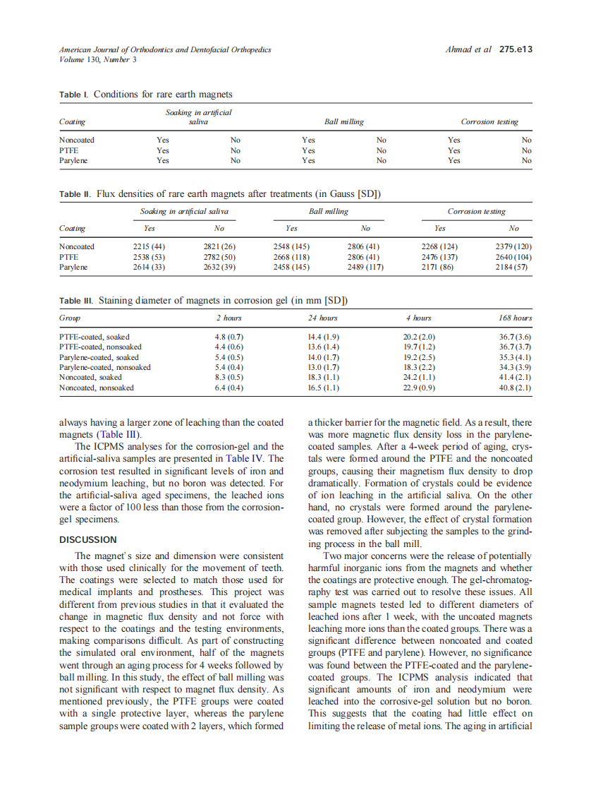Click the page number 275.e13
515,49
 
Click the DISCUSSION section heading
87,539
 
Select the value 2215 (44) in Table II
149,246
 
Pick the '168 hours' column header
515,318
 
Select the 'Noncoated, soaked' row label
90,378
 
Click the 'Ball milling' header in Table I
343,122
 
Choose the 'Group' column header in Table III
69,318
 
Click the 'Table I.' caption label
74,95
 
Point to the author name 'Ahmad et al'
468,49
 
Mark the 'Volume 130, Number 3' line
97,59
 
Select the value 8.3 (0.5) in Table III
229,378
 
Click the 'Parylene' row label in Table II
73,268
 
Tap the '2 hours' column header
229,318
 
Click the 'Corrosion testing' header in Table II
476,212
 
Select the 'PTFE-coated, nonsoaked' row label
100,347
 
